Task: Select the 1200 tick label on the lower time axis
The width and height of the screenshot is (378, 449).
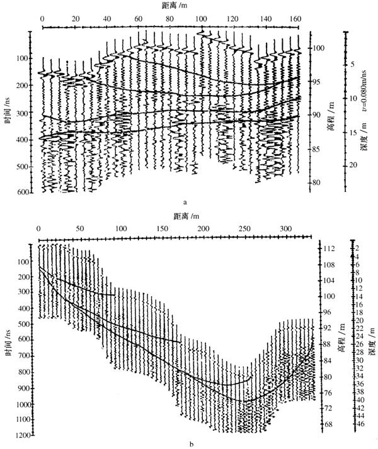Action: [23, 435]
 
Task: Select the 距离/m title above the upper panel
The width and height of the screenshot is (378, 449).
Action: [175, 5]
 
